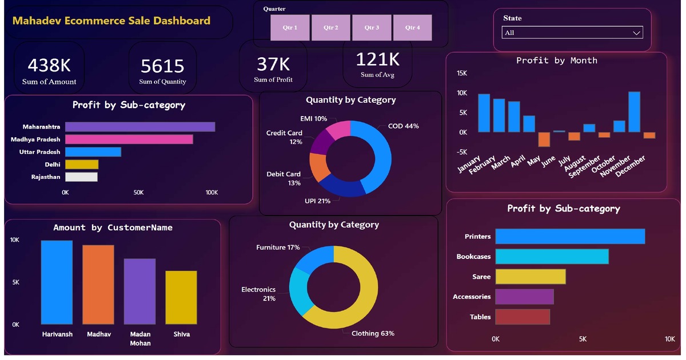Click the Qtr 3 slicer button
pos(372,27)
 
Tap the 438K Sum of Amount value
pos(49,65)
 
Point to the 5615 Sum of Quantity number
pos(162,66)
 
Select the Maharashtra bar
pos(140,127)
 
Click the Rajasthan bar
pos(81,177)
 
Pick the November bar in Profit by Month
pos(634,112)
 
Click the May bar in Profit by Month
pos(544,139)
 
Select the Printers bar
pos(570,237)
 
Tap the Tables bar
pos(523,317)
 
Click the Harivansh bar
pos(57,282)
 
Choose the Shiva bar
pos(181,298)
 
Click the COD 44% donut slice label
pos(403,126)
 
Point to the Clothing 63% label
pos(373,333)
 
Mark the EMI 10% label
pos(314,119)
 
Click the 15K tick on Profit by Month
pos(462,73)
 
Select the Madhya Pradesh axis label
pos(35,139)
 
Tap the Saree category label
pos(481,277)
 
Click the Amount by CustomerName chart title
pos(113,227)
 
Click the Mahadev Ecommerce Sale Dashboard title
pos(111,21)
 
